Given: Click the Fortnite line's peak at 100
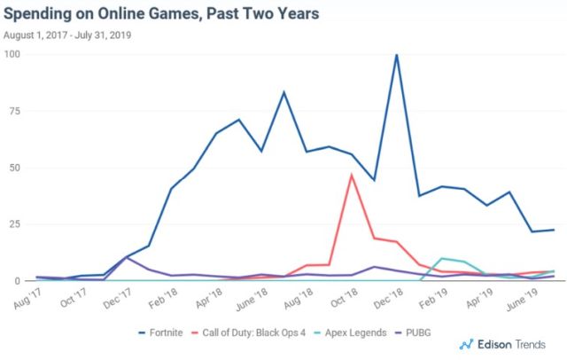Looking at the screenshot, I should (397, 55).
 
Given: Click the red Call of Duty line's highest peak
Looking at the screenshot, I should (352, 175).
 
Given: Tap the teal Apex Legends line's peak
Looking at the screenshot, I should (442, 258).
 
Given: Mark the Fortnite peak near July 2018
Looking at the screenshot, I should (283, 92).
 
